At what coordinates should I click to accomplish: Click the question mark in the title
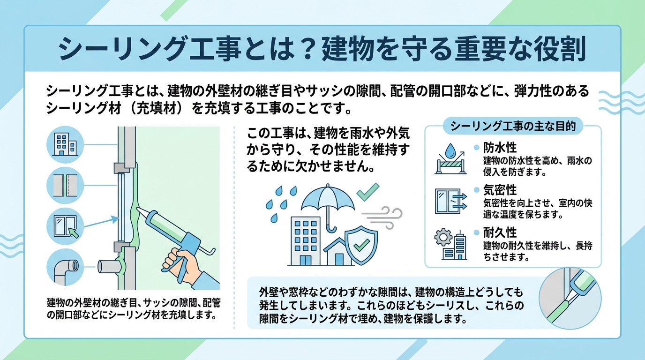[305, 50]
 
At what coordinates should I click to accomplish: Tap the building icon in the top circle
[65, 144]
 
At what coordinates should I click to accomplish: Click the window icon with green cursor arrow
[65, 227]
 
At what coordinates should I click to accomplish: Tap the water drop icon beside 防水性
[451, 150]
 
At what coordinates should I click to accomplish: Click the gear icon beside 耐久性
[442, 237]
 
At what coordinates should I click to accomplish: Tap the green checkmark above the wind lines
[368, 192]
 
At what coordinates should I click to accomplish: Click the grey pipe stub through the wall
[108, 267]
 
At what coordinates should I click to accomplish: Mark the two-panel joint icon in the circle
[65, 185]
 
